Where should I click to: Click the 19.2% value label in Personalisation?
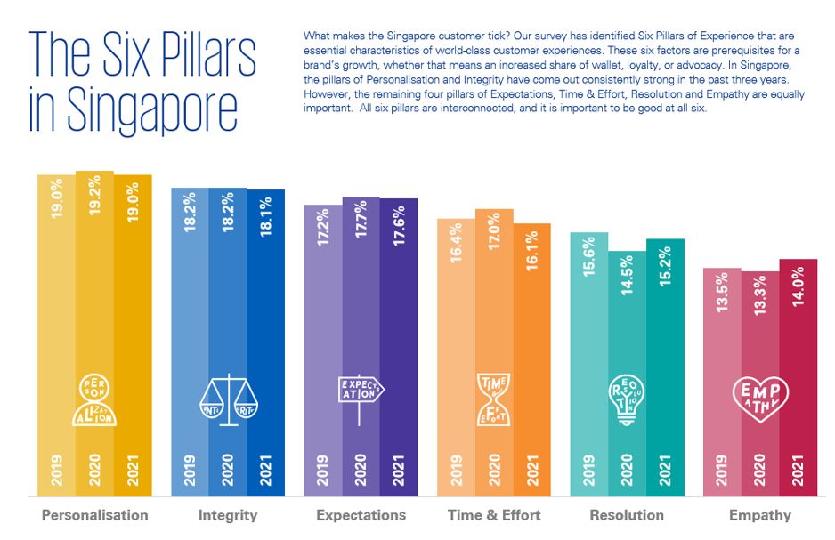94,199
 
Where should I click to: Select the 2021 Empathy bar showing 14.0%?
799,356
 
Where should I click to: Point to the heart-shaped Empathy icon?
760,398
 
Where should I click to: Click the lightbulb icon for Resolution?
628,397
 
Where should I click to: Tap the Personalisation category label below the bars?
95,515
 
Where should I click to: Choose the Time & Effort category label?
494,515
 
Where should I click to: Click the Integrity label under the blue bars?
228,515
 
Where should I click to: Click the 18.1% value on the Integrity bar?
266,215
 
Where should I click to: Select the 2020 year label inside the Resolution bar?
628,470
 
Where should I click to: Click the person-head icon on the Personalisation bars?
94,398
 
